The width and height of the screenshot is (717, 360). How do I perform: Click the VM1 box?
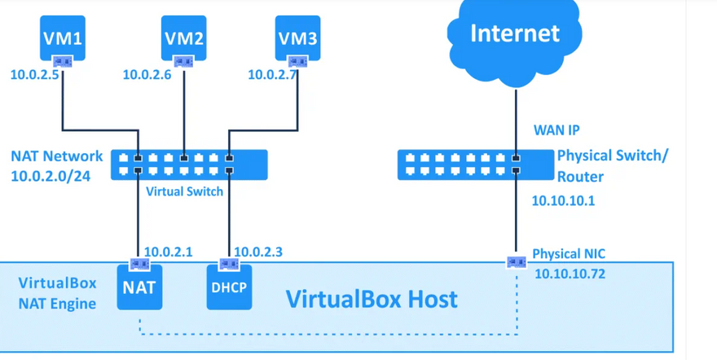pos(63,37)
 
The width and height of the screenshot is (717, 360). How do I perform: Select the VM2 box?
pos(183,37)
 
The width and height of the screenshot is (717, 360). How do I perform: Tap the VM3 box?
pos(297,37)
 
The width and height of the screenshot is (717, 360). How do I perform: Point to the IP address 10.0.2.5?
pos(34,75)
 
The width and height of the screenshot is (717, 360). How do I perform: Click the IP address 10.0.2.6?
pos(147,75)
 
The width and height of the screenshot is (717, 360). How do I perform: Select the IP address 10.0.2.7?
pos(272,75)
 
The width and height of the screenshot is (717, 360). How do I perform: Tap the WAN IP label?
pos(556,130)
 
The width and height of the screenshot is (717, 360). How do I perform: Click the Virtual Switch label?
pos(184,191)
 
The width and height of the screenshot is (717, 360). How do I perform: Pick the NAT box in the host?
pos(139,288)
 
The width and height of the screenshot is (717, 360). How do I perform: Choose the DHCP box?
pos(229,288)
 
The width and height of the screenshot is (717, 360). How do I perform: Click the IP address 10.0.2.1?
pos(168,252)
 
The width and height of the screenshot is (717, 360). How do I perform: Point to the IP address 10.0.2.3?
pos(258,252)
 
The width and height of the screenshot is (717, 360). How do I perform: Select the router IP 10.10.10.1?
pos(562,200)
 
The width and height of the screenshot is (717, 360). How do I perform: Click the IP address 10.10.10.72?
pos(570,274)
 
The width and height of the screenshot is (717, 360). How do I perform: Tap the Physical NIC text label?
pos(569,254)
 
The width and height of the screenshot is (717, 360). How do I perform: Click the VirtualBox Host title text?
pos(372,298)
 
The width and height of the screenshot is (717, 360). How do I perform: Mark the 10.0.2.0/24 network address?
pos(51,176)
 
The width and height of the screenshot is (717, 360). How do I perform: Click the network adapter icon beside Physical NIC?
pos(516,262)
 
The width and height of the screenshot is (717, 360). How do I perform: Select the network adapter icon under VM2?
pos(183,61)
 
